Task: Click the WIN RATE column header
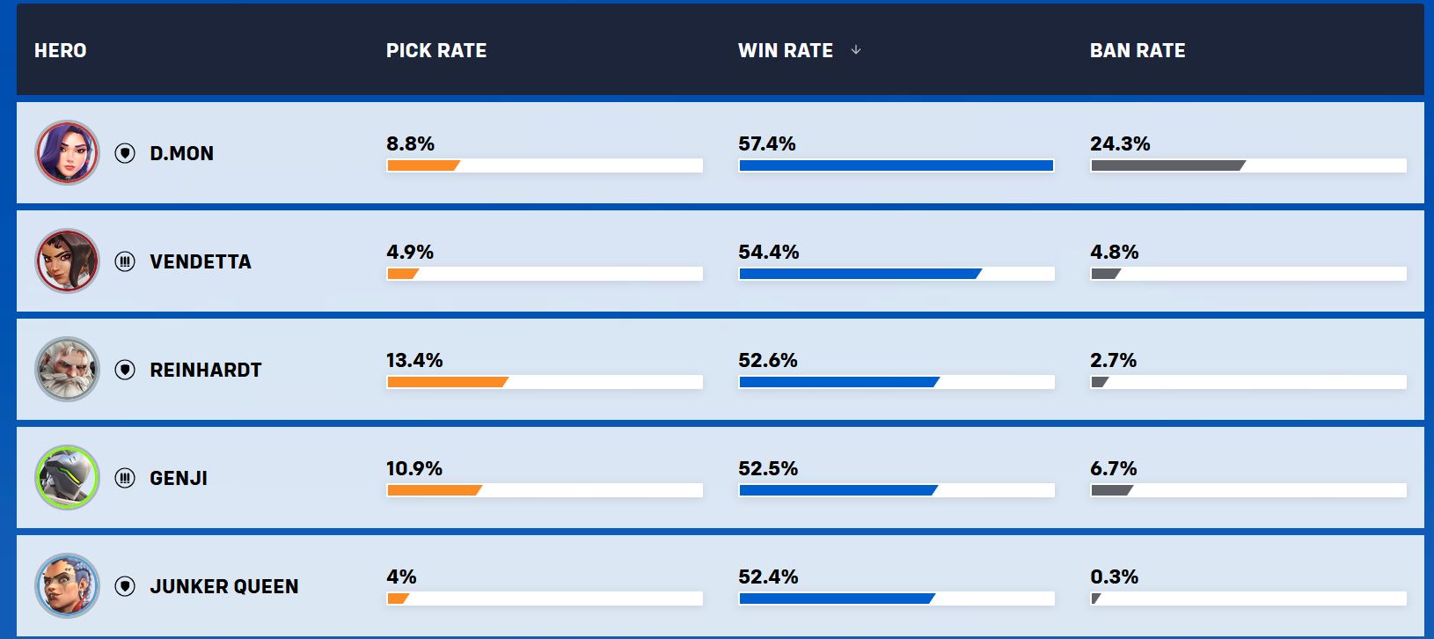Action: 786,50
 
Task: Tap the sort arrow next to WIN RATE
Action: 856,50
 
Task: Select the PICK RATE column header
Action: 436,50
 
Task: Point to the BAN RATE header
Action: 1138,50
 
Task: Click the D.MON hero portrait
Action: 67,153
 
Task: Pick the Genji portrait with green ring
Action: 67,478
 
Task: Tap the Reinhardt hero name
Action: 206,370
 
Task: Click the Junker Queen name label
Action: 224,586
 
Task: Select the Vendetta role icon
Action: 125,261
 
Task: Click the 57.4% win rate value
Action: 767,143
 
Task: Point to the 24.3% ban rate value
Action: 1120,143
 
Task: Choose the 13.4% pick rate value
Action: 414,360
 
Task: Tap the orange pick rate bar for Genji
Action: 435,490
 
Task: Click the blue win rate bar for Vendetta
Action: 860,274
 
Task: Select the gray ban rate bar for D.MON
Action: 1168,165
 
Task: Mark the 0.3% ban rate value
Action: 1115,577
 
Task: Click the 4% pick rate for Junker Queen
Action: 401,577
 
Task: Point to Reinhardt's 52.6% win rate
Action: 767,360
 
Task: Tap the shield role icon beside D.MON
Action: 125,153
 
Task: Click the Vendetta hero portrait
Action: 67,261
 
